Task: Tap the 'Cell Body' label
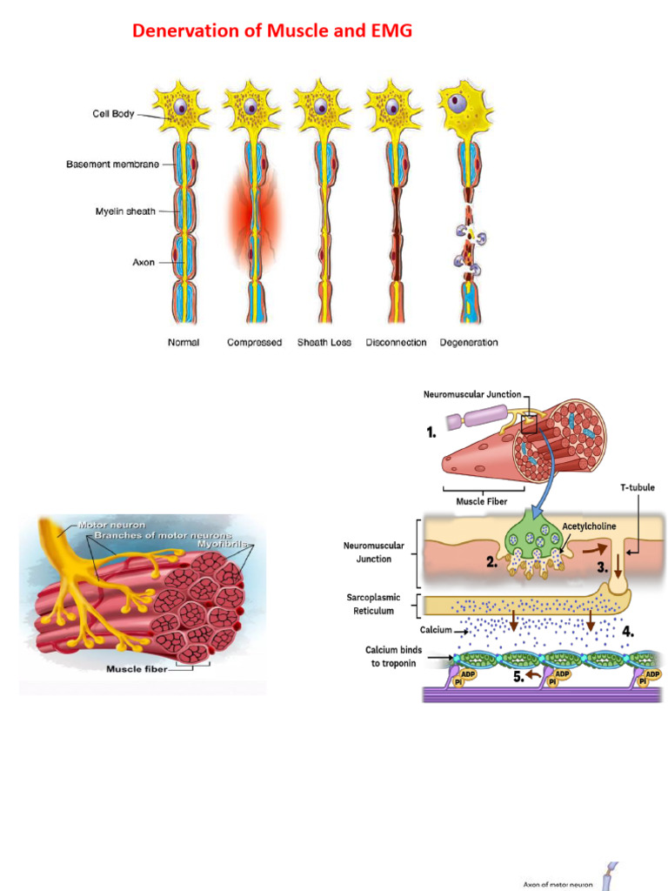114,113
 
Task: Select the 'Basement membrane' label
112,164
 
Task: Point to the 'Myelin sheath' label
125,211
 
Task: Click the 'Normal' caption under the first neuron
184,343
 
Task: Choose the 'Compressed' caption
254,343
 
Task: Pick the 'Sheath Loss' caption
324,343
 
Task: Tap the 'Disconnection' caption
397,343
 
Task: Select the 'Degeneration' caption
469,343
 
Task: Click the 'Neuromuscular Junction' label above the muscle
472,394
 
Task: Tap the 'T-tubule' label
637,488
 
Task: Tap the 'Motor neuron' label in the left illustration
105,525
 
